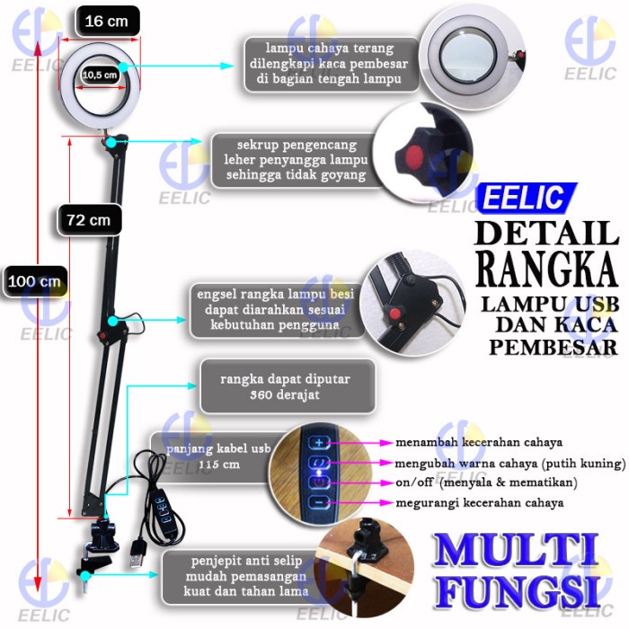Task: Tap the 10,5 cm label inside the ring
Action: (100, 75)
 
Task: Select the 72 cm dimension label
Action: (88, 218)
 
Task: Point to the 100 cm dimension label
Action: (33, 281)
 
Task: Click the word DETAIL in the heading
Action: (546, 233)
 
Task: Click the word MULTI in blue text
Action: (517, 551)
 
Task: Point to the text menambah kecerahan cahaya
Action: (479, 443)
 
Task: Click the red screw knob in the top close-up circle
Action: (414, 156)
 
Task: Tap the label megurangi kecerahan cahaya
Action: (480, 503)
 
